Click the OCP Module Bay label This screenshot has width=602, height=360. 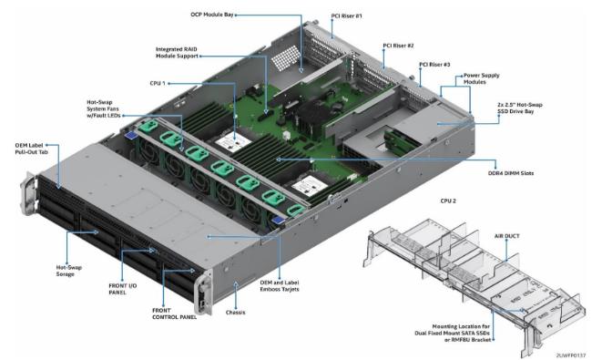point(212,15)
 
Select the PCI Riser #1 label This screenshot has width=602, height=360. point(346,16)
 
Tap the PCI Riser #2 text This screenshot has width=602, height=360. point(398,46)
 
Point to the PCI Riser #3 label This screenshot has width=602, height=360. point(434,65)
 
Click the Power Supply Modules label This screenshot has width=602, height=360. point(482,78)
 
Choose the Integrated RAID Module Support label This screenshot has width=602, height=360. point(177,53)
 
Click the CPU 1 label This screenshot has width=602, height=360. point(158,83)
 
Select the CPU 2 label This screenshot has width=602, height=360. point(448,201)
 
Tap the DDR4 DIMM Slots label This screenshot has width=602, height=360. point(511,173)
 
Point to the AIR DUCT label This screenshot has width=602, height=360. point(506,236)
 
